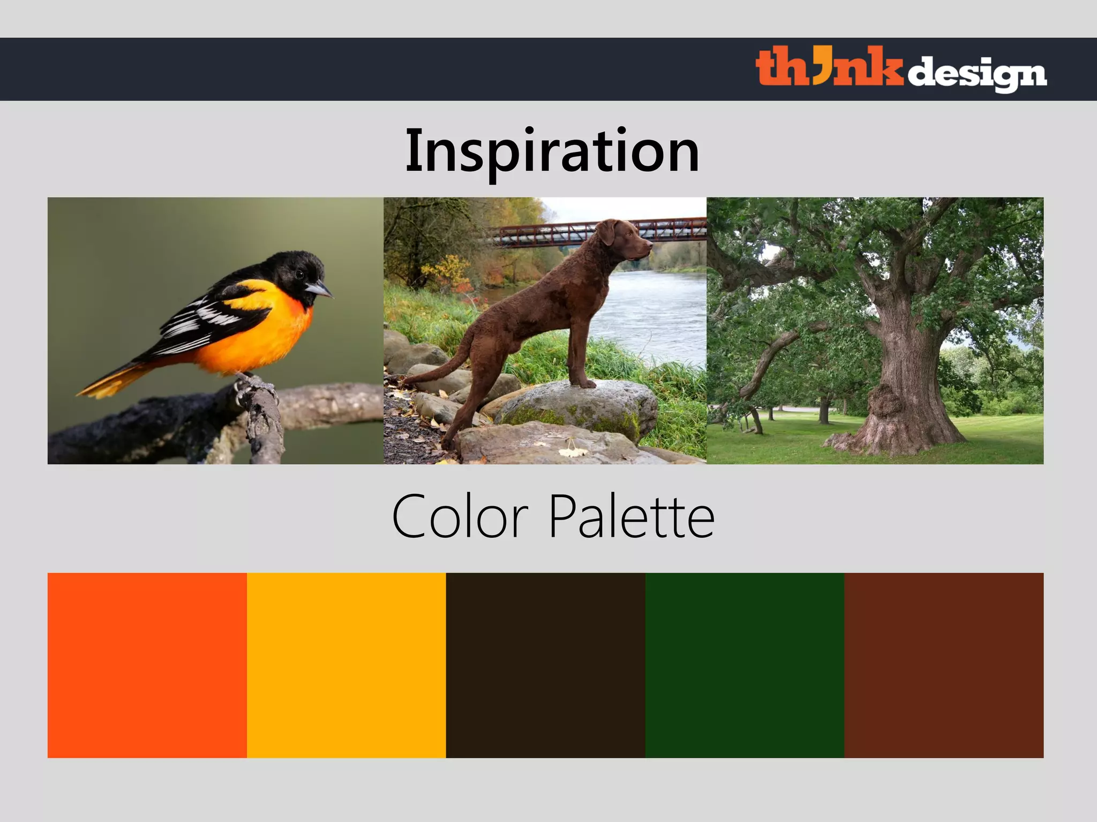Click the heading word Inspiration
[x=552, y=151]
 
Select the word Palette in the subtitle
[x=632, y=517]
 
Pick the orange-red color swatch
[x=147, y=665]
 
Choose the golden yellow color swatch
[x=346, y=665]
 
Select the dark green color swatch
[x=745, y=665]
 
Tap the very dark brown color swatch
[x=545, y=665]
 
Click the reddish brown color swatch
[x=944, y=665]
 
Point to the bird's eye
[x=299, y=273]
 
